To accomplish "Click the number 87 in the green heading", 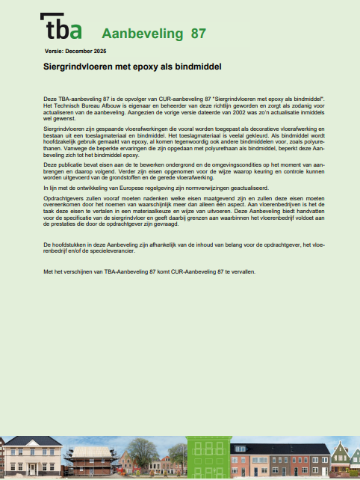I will point(199,34).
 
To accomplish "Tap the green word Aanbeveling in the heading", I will point(142,34).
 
